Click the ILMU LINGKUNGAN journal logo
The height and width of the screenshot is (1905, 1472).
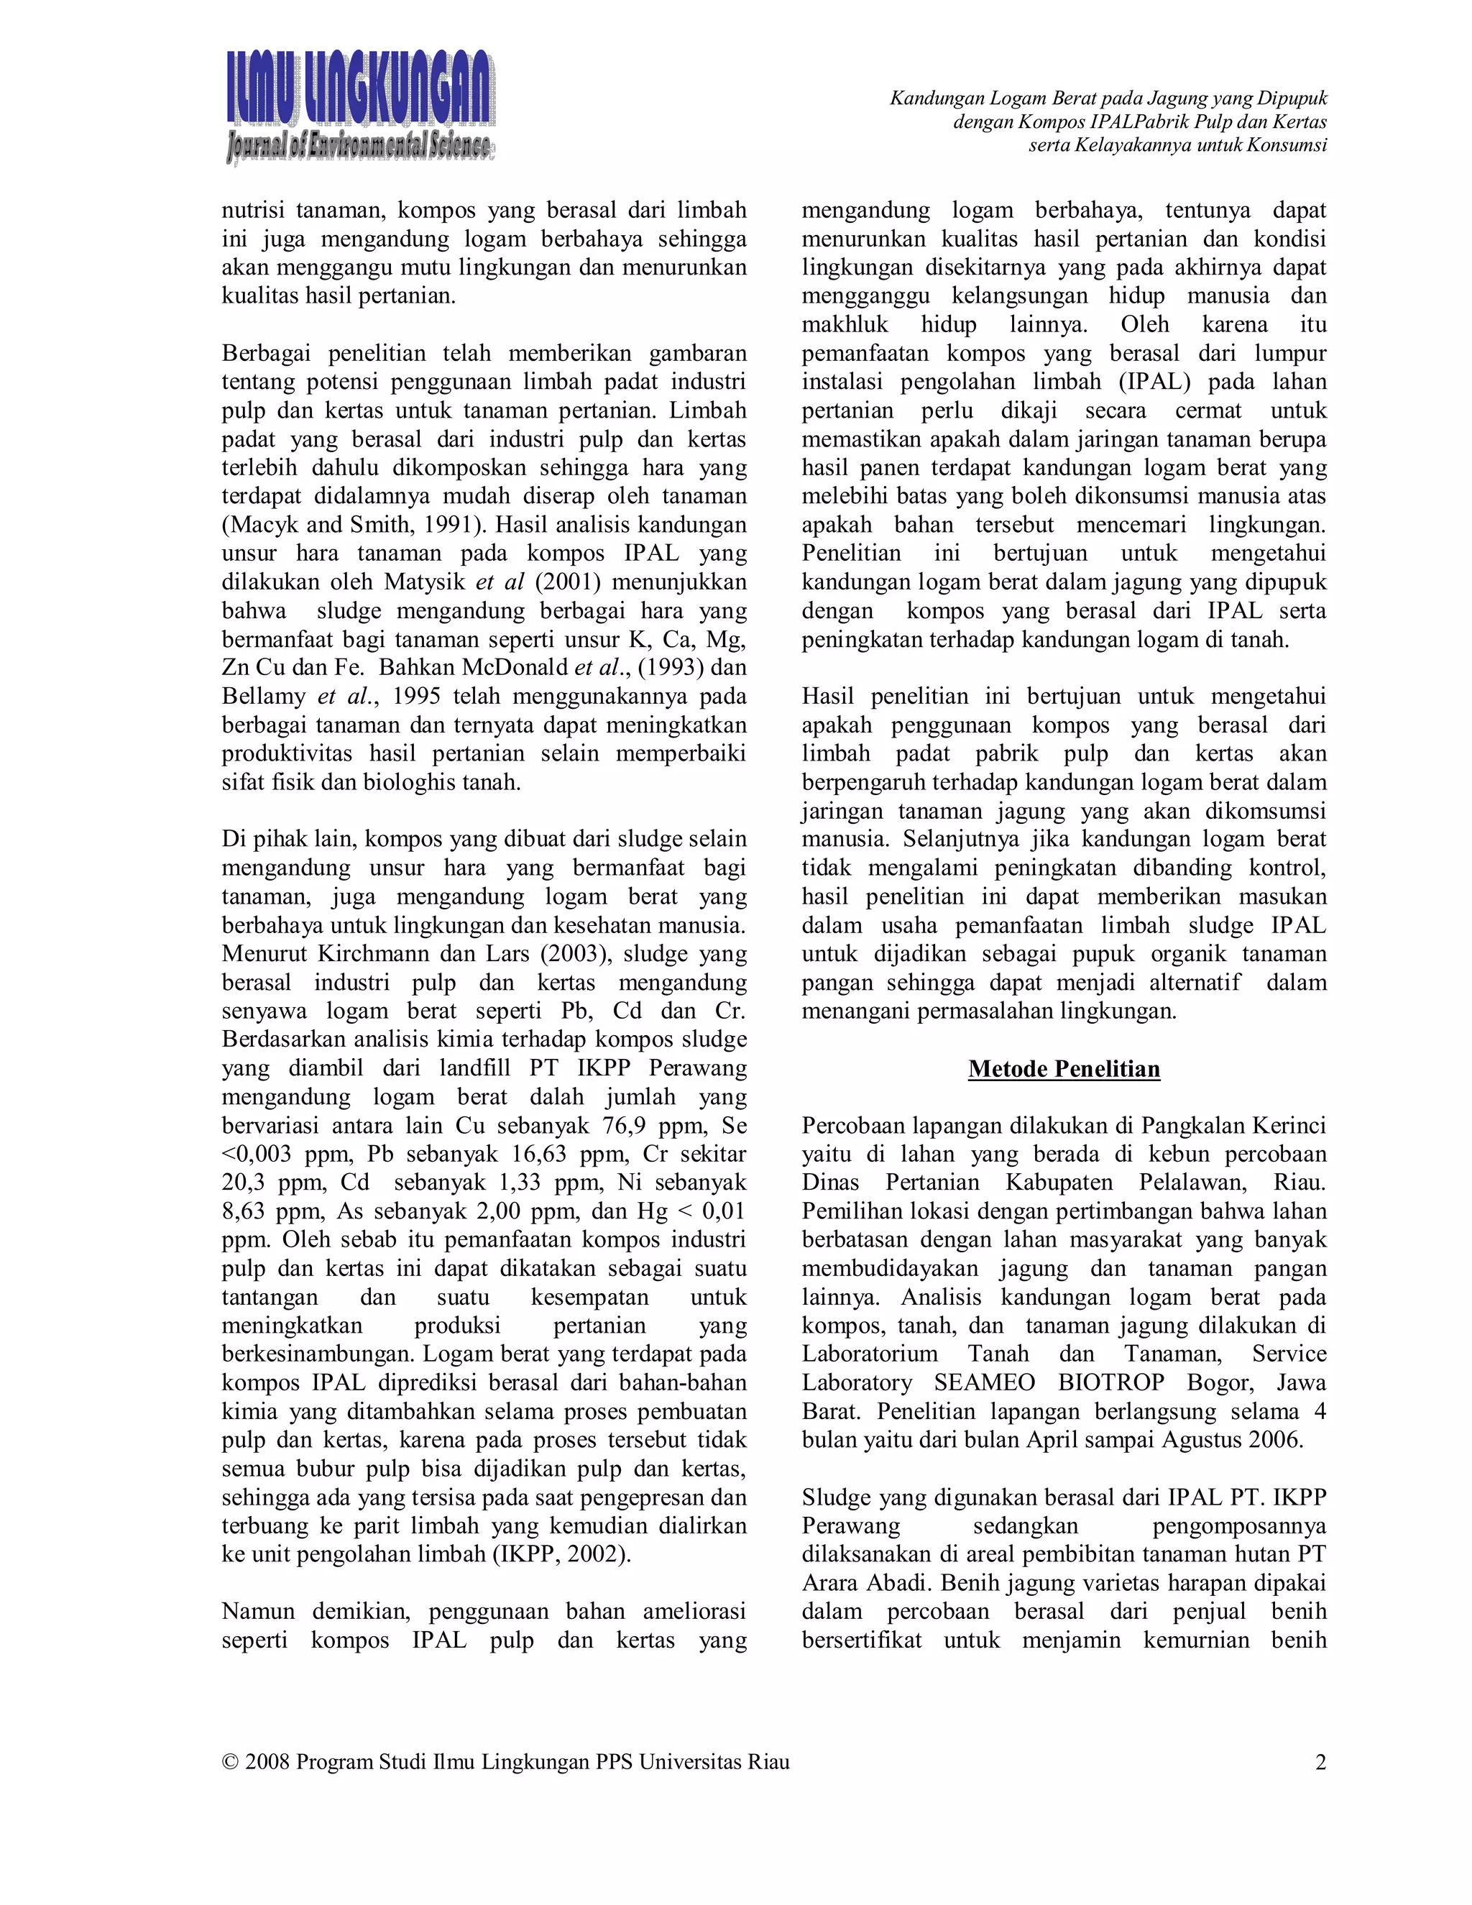pyautogui.click(x=360, y=106)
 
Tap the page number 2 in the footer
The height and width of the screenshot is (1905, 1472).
pyautogui.click(x=1320, y=1761)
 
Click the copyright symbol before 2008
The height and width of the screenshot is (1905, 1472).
pyautogui.click(x=230, y=1761)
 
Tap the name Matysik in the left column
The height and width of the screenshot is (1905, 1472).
pyautogui.click(x=425, y=582)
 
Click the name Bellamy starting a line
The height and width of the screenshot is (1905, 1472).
pyautogui.click(x=262, y=696)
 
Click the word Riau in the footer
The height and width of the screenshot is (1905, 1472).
pyautogui.click(x=768, y=1761)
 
